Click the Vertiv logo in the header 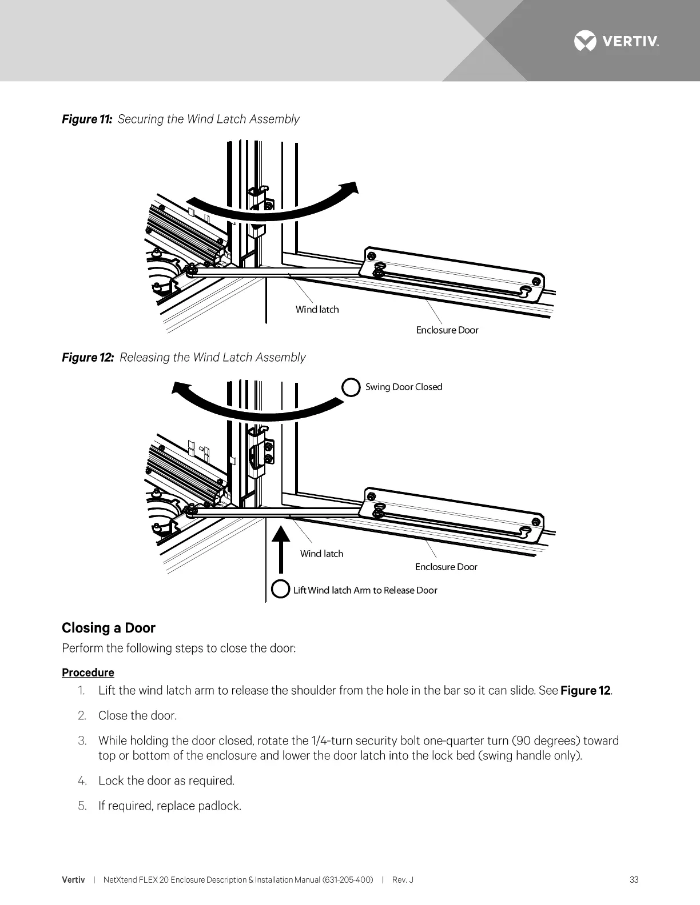pos(616,41)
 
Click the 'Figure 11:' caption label pos(87,119)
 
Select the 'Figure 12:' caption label pos(88,358)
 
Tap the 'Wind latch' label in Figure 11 pos(317,310)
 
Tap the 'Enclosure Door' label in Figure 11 pos(447,330)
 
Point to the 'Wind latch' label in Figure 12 pos(321,554)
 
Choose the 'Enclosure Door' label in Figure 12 pos(446,567)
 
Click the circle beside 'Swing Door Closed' pos(351,387)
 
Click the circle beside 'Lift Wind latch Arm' pos(280,589)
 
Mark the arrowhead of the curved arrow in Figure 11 pos(349,191)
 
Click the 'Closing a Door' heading pos(109,628)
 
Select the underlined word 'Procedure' pos(88,672)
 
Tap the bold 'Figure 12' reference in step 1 pos(586,691)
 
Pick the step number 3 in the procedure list pos(82,741)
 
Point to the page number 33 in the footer pos(634,880)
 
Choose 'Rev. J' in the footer pos(403,880)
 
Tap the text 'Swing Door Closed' pos(404,387)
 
